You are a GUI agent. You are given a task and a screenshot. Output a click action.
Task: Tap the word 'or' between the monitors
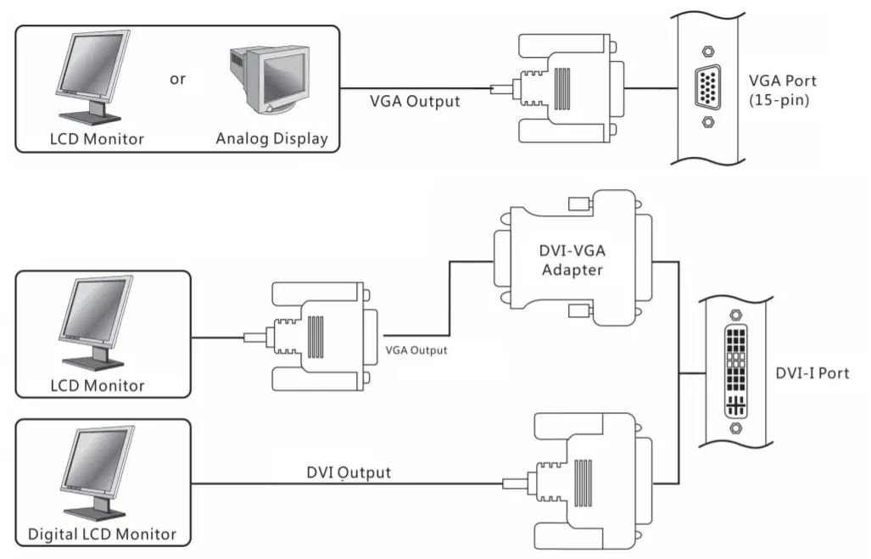[x=177, y=79]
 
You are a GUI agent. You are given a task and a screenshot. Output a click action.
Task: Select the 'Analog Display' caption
[x=271, y=138]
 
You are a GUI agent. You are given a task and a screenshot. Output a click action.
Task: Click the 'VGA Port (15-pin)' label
[x=782, y=90]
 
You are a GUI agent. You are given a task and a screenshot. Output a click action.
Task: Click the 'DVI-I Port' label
[x=812, y=373]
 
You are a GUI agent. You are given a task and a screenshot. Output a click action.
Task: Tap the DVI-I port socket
[x=735, y=370]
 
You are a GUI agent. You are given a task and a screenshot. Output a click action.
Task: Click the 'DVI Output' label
[x=349, y=472]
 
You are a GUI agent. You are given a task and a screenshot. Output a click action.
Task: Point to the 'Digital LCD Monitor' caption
[x=102, y=534]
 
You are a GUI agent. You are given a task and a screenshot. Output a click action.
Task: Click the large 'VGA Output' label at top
[x=415, y=101]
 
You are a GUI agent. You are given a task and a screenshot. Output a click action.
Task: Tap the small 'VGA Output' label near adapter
[x=416, y=349]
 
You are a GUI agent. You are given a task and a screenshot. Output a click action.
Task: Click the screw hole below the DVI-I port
[x=735, y=429]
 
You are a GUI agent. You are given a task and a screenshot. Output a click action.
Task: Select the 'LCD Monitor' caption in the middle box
[x=98, y=385]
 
